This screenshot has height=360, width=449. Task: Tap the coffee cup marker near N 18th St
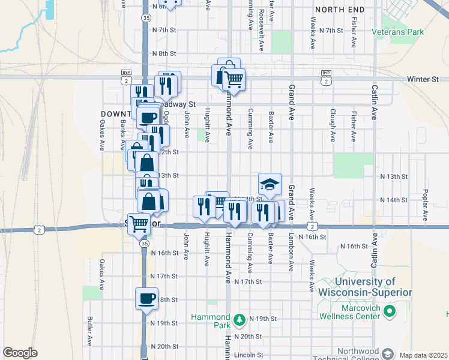147,298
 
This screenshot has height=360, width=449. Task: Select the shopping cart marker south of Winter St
234,79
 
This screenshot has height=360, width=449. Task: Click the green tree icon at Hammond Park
240,318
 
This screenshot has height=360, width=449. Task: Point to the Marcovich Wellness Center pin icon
389,311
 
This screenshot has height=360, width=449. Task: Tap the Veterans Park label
397,31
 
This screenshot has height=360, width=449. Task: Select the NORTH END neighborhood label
339,10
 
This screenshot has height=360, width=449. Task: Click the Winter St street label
423,79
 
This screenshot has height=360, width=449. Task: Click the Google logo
20,353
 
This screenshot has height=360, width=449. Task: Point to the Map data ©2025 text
423,355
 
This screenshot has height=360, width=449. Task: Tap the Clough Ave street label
333,124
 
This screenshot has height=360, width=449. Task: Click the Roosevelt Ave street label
261,22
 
